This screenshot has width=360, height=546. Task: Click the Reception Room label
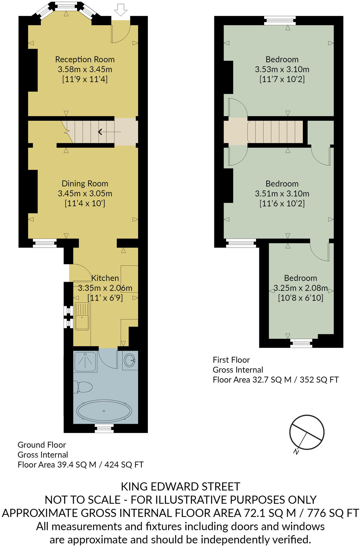tap(85, 59)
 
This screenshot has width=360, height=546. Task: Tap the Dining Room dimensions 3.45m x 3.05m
tap(85, 193)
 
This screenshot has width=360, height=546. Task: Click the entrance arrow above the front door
tap(121, 10)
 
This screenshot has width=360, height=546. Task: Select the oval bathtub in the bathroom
tap(104, 411)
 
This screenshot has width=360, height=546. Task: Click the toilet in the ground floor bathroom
tap(83, 387)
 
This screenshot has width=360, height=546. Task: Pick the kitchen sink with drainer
tap(82, 316)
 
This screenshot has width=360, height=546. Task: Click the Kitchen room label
tap(105, 278)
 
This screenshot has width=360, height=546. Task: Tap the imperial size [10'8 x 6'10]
tap(300, 298)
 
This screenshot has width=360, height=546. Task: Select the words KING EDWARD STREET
tap(180, 487)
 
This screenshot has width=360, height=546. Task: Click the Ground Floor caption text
tap(42, 445)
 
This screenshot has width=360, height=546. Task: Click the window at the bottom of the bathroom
tap(104, 428)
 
